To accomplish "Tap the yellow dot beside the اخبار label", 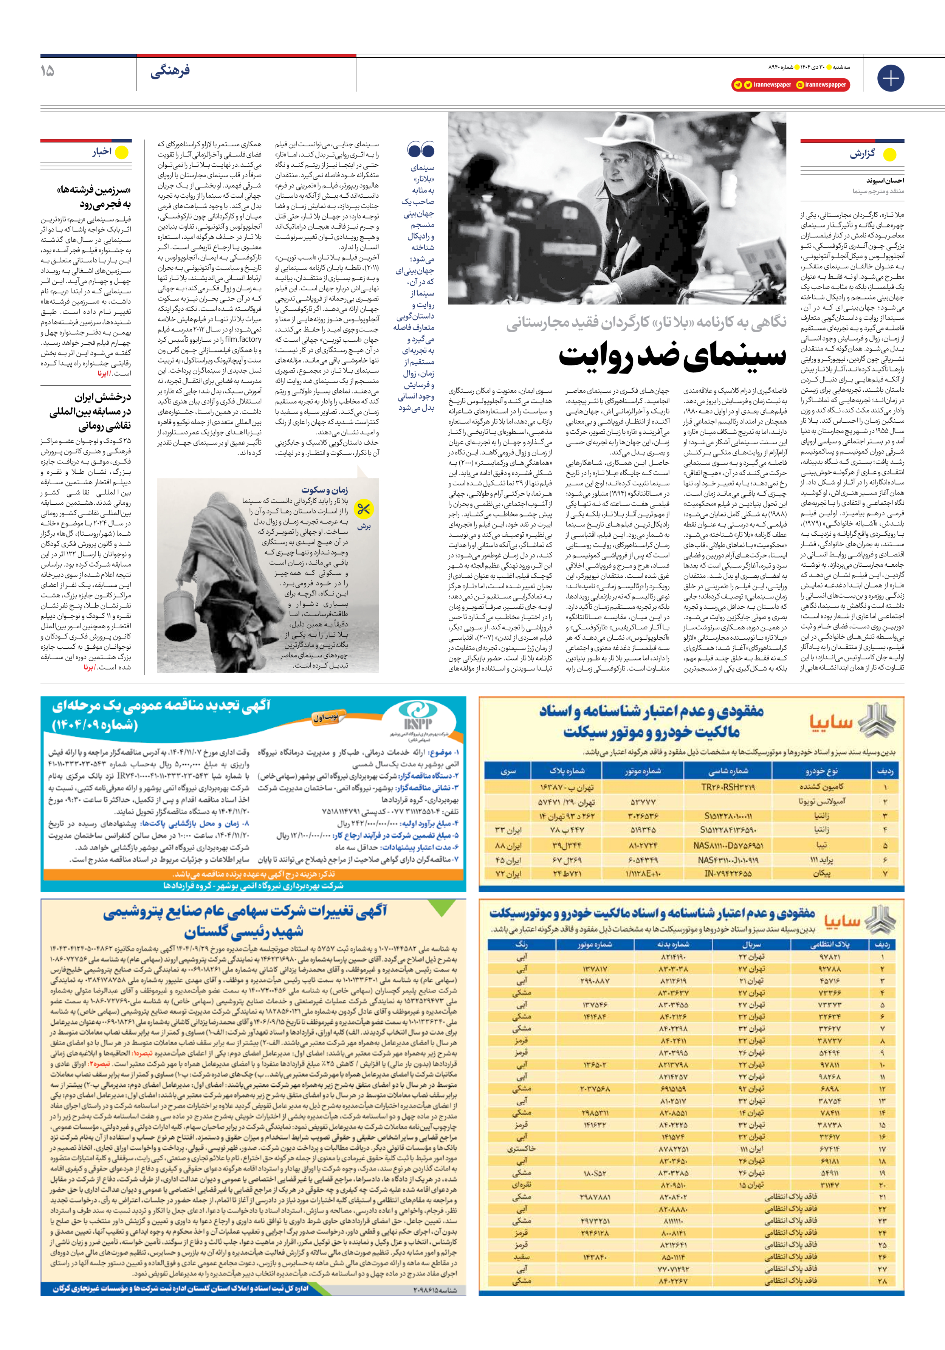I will [x=122, y=152].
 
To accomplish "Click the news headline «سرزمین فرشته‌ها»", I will [x=94, y=190].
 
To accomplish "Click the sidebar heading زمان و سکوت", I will [x=325, y=489].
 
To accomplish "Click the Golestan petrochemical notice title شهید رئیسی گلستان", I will [x=244, y=932].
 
